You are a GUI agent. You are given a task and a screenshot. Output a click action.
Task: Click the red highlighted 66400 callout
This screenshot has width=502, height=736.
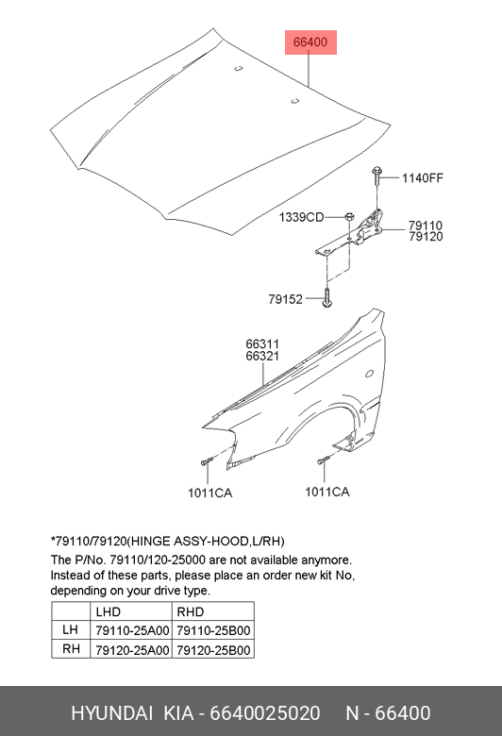(310, 42)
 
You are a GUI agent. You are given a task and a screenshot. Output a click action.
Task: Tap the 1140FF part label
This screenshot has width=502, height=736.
(422, 178)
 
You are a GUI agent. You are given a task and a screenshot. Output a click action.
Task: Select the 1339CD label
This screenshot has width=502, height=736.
(301, 217)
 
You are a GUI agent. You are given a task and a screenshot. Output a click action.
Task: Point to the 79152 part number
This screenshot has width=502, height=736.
(286, 299)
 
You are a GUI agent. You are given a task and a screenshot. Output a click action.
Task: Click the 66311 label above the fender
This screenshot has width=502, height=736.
(262, 344)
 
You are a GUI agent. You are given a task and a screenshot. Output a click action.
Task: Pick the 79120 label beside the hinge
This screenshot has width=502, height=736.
(426, 237)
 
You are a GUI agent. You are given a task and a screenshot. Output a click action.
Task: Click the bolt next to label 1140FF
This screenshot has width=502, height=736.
(376, 176)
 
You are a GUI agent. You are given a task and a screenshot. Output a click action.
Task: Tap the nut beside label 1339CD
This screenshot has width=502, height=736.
(349, 217)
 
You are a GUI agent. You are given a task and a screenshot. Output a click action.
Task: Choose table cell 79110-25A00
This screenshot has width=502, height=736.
(132, 630)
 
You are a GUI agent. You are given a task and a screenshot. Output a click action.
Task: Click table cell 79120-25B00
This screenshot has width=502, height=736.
(213, 650)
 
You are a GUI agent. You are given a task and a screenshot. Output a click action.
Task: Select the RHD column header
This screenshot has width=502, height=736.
(191, 611)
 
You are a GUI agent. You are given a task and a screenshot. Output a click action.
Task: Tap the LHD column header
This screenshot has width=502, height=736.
(108, 611)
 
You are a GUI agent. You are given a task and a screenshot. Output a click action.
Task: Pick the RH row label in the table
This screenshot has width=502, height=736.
(71, 648)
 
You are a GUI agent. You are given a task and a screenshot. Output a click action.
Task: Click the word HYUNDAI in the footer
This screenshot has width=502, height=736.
(111, 713)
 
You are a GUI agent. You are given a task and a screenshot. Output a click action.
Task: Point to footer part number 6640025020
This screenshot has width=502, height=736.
(265, 713)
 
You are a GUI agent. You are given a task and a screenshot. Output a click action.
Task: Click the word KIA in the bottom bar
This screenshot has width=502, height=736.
(178, 713)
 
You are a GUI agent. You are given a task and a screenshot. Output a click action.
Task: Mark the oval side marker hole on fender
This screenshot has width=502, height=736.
(370, 374)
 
